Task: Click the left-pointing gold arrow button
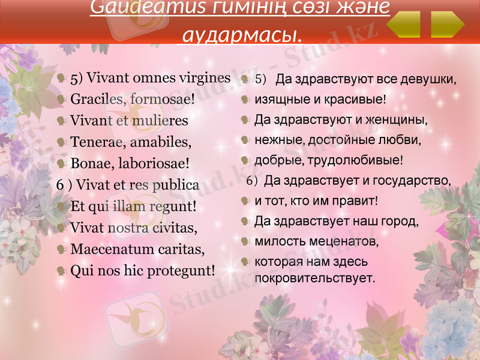coord(404,25)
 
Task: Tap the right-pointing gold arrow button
coord(448,25)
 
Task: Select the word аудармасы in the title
coord(239,36)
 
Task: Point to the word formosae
coord(162,99)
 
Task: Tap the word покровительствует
coord(315,278)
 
